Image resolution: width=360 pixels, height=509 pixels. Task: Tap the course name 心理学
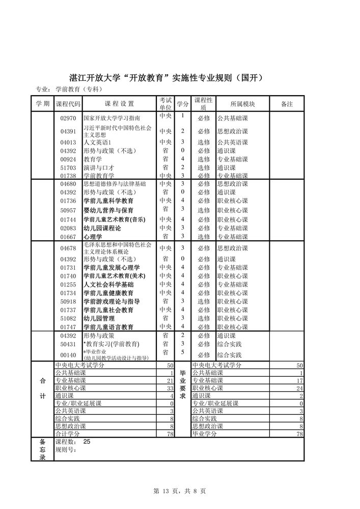pos(92,237)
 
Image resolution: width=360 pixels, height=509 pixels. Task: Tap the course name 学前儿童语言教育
pos(108,327)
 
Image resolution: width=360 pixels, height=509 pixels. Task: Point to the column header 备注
pos(287,104)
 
